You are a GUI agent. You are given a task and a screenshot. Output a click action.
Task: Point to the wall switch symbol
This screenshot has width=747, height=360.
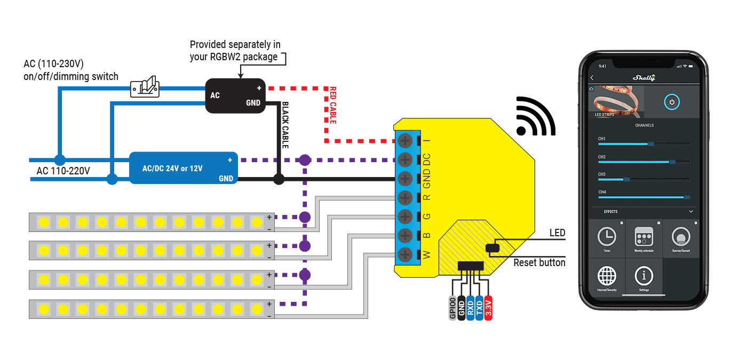tap(145, 86)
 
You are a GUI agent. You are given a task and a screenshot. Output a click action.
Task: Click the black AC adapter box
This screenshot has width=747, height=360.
tap(235, 96)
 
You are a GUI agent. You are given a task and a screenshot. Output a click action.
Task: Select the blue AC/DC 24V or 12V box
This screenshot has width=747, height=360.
tap(183, 167)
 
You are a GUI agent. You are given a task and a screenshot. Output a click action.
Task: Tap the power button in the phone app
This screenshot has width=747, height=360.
tap(671, 101)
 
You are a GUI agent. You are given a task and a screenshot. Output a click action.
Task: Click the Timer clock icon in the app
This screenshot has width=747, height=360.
tap(606, 236)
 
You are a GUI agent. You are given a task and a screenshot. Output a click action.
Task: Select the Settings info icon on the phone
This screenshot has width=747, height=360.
tap(643, 276)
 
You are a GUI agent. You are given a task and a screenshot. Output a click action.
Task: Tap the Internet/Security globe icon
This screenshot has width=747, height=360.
tap(606, 276)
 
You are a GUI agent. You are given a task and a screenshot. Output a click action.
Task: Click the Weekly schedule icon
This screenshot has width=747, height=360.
tap(643, 236)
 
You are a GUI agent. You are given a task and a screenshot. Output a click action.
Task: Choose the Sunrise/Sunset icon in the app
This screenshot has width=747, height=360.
tap(680, 236)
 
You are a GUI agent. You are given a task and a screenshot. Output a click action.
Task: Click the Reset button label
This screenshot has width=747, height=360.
tap(539, 262)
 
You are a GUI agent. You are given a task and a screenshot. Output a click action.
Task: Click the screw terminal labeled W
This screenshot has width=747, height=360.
tap(405, 254)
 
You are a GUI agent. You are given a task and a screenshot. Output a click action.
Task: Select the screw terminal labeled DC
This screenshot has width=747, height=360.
tap(405, 159)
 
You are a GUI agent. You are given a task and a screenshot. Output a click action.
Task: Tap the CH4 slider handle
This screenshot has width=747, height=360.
tap(687, 197)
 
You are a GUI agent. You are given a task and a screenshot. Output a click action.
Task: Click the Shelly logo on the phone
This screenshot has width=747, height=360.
tap(643, 78)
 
